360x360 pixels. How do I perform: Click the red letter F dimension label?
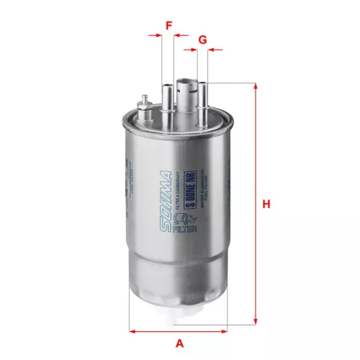[x=168, y=26]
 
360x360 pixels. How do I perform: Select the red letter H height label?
[x=266, y=204]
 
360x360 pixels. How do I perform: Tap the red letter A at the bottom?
[x=179, y=343]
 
